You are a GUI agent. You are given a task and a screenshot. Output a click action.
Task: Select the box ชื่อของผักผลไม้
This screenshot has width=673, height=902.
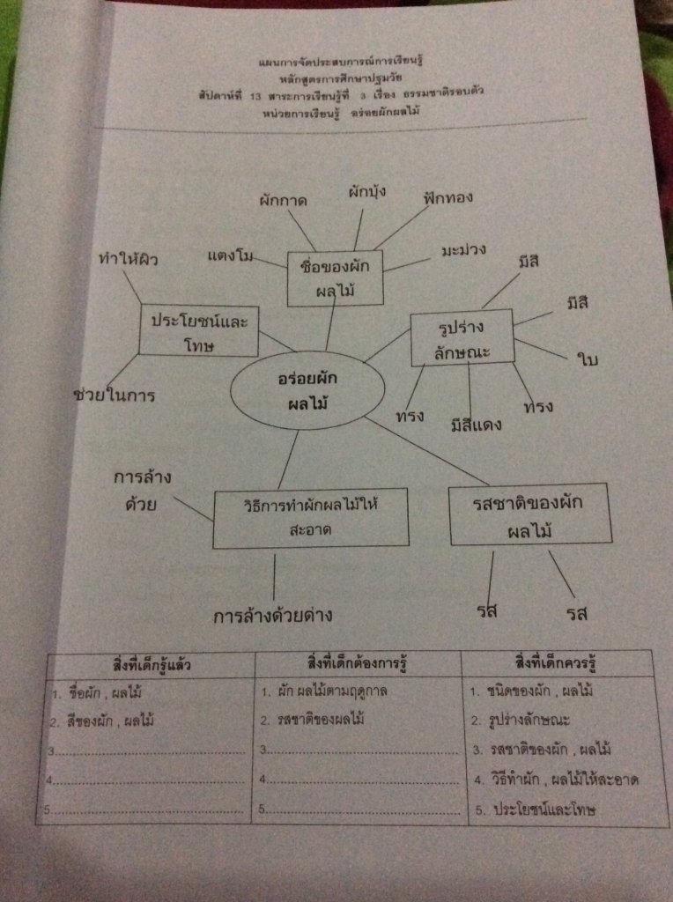(x=335, y=277)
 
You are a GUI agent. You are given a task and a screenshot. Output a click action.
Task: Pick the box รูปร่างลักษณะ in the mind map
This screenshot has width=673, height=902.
(x=462, y=339)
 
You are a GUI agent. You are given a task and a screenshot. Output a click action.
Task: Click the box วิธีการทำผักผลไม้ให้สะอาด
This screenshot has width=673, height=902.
(x=310, y=518)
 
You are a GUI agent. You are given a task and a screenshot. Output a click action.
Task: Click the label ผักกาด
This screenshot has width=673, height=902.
(x=284, y=200)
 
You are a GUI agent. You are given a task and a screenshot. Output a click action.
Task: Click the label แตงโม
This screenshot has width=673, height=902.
(x=231, y=256)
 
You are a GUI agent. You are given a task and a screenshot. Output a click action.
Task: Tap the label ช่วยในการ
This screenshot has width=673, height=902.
(x=115, y=396)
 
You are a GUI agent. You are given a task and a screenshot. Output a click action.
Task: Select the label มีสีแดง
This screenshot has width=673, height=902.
(x=475, y=425)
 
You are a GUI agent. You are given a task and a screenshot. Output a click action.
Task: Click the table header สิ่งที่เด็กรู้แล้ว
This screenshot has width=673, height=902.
(x=146, y=664)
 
